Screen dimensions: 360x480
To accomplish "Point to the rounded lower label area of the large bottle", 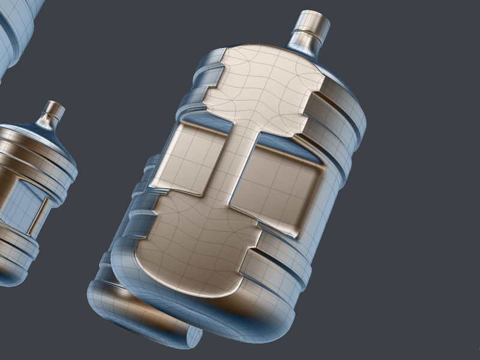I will [x=192, y=252].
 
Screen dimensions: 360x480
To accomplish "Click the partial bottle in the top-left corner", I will [x=15, y=30].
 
